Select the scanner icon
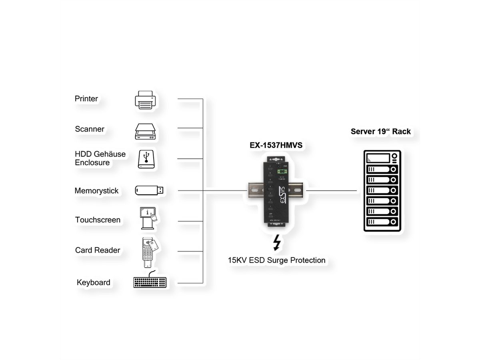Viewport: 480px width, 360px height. pyautogui.click(x=145, y=130)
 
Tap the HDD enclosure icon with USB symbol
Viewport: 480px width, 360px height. pyautogui.click(x=145, y=159)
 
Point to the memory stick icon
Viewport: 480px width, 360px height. pyautogui.click(x=149, y=190)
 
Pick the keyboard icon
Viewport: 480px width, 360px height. pyautogui.click(x=149, y=281)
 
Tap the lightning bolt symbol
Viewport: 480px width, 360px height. pyautogui.click(x=276, y=243)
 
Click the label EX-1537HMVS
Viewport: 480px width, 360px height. pyautogui.click(x=276, y=146)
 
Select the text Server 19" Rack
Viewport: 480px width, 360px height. pyautogui.click(x=380, y=131)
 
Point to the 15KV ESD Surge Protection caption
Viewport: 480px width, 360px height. pyautogui.click(x=276, y=260)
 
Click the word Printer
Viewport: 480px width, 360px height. pyautogui.click(x=86, y=98)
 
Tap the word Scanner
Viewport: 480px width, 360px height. pyautogui.click(x=90, y=129)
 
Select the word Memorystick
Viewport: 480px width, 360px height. pyautogui.click(x=96, y=191)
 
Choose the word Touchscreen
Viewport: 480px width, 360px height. pyautogui.click(x=98, y=220)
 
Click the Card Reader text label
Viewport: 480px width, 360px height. pyautogui.click(x=98, y=250)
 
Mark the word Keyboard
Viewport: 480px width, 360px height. pyautogui.click(x=94, y=282)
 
